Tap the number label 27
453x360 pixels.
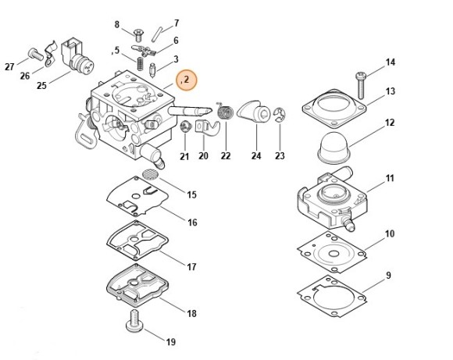(10, 66)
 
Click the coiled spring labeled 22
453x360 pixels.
(226, 114)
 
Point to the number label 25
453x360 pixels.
(41, 86)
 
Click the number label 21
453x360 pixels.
(184, 156)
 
